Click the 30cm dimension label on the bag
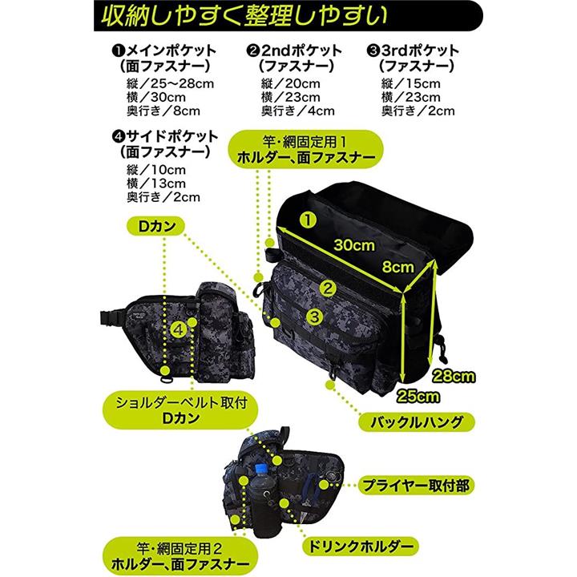354,245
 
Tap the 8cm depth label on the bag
397,266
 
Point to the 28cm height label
454,376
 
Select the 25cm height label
418,397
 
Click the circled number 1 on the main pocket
308,220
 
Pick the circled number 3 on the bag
314,316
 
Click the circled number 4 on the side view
178,329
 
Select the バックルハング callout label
417,422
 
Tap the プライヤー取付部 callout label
416,486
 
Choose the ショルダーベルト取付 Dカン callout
180,410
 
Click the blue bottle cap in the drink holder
260,469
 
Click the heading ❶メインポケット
163,50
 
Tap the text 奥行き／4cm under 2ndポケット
297,111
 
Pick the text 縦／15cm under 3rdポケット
410,83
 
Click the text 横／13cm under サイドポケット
156,184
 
